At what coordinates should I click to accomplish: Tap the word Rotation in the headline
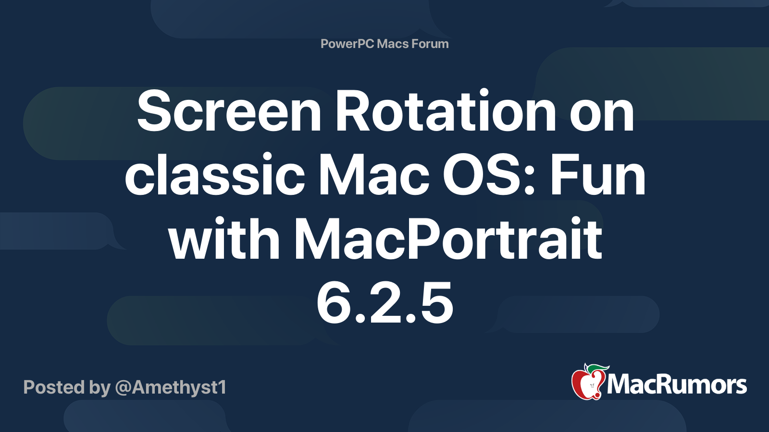point(446,110)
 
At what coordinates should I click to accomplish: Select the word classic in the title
point(215,173)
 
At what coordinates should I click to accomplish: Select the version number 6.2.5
point(385,302)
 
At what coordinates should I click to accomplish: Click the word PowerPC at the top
point(347,44)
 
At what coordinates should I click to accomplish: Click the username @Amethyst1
point(171,387)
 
